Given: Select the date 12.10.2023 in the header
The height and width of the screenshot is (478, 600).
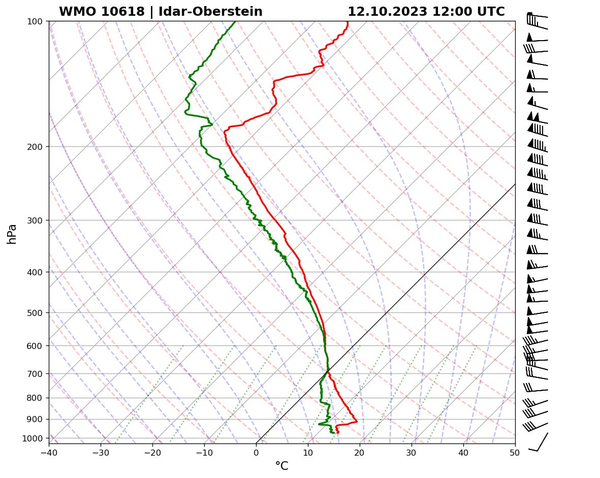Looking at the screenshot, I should coord(387,12).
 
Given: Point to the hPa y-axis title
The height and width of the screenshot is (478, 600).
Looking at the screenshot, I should coord(12,234).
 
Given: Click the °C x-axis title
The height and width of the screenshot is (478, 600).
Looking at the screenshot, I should coord(281,466).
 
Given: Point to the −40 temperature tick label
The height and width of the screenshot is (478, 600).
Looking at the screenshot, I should coord(49,452).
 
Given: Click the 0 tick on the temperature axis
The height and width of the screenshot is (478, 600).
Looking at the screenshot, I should coord(256,452).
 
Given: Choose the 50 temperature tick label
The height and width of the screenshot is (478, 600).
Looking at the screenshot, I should coord(515,452).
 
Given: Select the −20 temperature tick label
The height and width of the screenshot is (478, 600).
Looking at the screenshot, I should coord(152,452).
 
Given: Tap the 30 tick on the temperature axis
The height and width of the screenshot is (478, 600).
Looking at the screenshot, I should coord(412,452).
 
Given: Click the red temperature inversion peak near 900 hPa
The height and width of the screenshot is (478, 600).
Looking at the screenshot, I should coord(357,421).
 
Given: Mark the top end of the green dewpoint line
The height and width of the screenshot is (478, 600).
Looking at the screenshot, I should coord(235,22).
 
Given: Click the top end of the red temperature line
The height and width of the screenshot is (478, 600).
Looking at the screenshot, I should coord(348,22).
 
